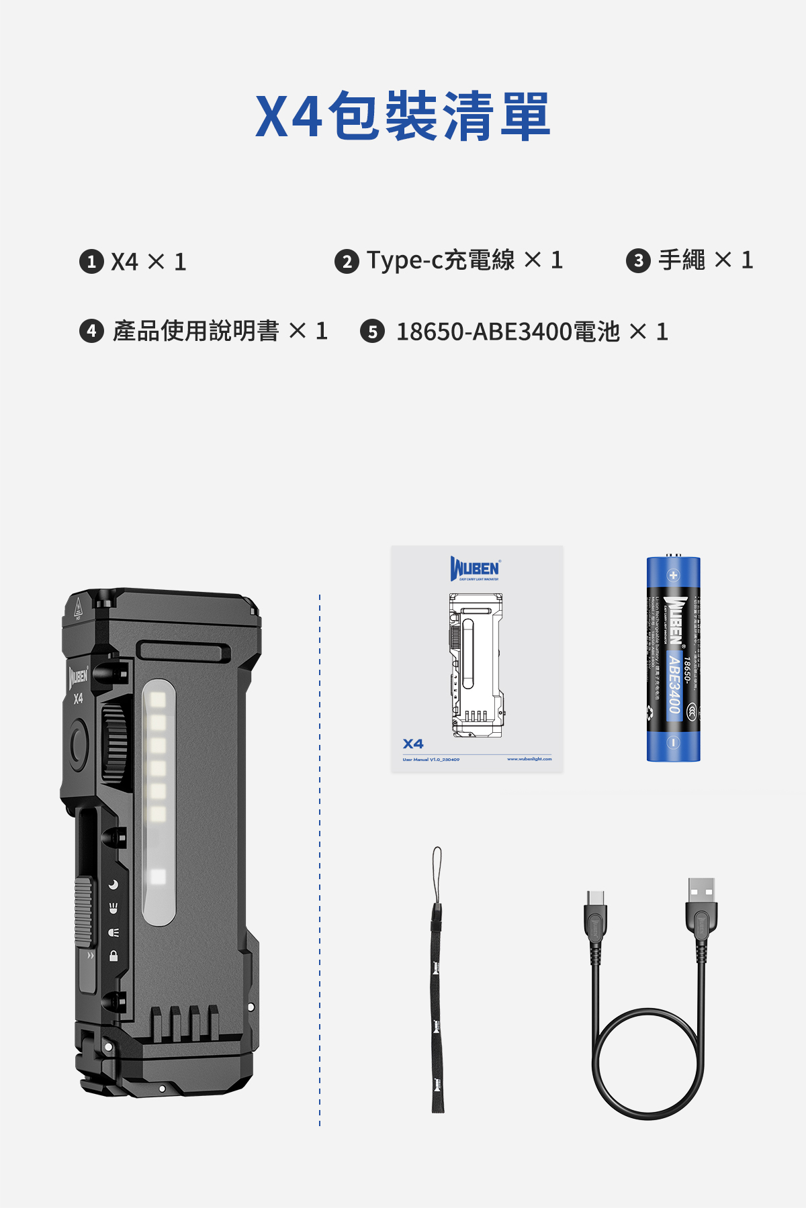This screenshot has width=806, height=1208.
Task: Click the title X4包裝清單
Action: tap(403, 116)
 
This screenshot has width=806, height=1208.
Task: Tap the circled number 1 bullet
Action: tap(91, 261)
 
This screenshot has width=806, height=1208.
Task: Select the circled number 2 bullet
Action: tap(347, 261)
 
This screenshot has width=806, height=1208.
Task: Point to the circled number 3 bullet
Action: tap(638, 260)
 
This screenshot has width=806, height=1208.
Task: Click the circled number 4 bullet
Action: tap(91, 331)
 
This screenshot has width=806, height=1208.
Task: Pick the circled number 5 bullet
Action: tap(372, 332)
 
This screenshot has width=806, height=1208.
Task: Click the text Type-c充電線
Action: tap(441, 260)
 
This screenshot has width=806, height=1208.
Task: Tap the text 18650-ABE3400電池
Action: tap(508, 332)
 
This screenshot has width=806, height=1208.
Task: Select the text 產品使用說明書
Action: tap(195, 331)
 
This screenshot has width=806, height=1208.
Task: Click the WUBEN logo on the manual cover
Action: tap(475, 569)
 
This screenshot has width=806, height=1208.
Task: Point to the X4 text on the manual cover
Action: tap(413, 744)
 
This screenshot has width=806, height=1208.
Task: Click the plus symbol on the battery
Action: tap(673, 575)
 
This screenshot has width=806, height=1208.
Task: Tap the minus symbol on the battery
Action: tap(673, 742)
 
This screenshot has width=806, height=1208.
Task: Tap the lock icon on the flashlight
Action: tap(114, 956)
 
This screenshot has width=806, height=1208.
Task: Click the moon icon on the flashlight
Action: tap(114, 885)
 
